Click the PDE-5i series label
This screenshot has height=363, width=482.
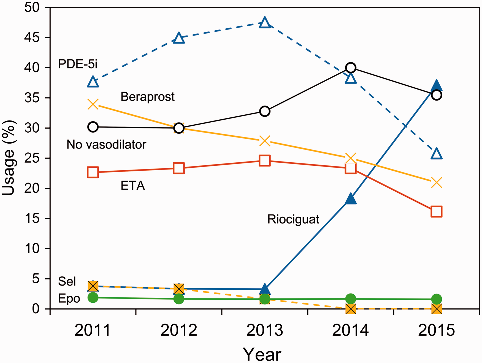[x=78, y=64]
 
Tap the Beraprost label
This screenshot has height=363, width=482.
[x=148, y=97]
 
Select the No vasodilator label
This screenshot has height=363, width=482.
[x=106, y=145]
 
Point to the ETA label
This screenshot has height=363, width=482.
[x=133, y=186]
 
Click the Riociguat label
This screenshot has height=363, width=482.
[x=293, y=220]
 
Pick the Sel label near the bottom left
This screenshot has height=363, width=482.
[x=67, y=281]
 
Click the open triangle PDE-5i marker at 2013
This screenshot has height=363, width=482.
[x=265, y=23]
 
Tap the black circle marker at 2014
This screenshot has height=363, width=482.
[x=351, y=68]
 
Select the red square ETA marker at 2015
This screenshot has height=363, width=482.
[x=437, y=212]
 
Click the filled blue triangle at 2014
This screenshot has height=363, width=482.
[x=351, y=199]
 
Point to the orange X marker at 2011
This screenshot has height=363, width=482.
[x=93, y=104]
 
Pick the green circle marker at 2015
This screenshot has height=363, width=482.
[x=437, y=299]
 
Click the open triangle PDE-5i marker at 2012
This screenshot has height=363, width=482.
[x=179, y=38]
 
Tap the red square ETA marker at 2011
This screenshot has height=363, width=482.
[x=93, y=173]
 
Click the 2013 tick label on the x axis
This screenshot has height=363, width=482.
[x=265, y=330]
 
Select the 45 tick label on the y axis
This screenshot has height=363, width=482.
[x=32, y=37]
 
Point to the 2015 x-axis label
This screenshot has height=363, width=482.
[x=437, y=330]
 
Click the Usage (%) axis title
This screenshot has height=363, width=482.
[x=9, y=158]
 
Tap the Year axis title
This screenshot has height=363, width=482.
[x=262, y=354]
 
